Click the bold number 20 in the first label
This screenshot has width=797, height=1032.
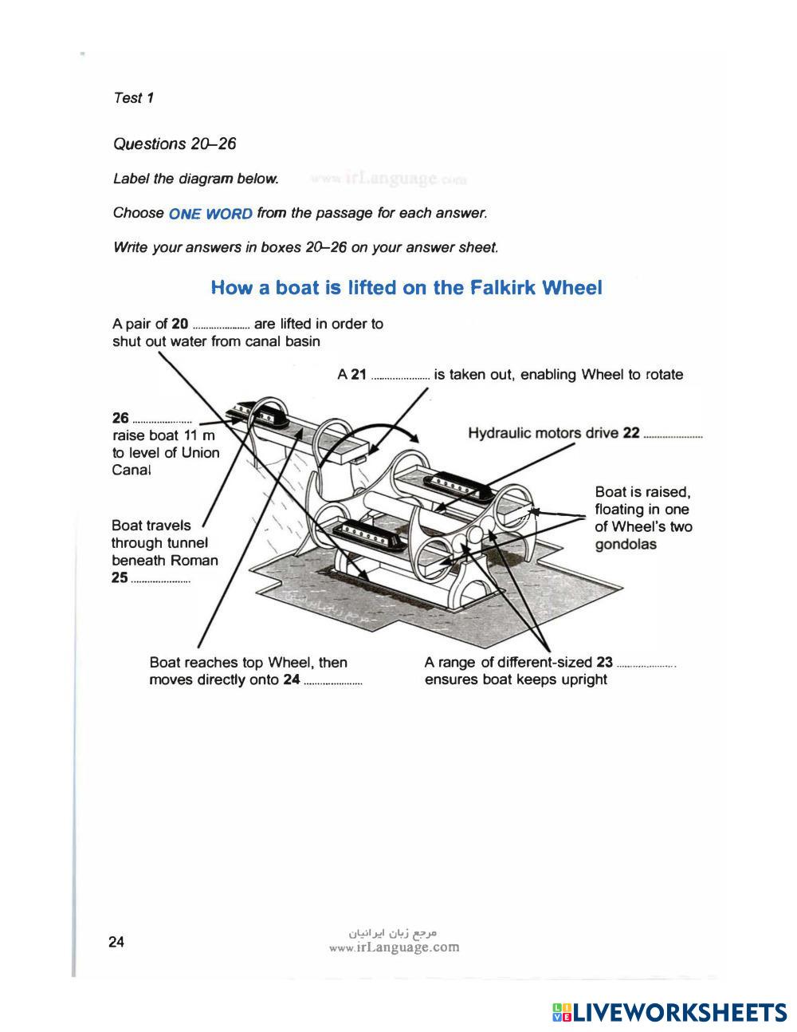(180, 324)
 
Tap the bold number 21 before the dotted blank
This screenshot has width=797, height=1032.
(358, 375)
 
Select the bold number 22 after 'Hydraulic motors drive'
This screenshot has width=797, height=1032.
(631, 433)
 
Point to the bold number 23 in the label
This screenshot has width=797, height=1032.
(604, 662)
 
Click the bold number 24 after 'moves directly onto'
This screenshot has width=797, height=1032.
(291, 680)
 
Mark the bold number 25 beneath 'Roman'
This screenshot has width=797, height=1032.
(120, 578)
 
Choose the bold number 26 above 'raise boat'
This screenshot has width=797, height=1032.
(120, 418)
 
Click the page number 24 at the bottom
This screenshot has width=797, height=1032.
(116, 943)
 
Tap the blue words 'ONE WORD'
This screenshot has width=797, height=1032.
(210, 214)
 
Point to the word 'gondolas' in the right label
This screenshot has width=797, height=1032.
(626, 545)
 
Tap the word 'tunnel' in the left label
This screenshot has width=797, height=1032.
(187, 543)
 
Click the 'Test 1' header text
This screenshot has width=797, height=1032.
(134, 98)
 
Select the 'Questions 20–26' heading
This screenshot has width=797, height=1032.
(175, 144)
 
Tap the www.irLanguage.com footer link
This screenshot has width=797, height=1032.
(394, 947)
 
